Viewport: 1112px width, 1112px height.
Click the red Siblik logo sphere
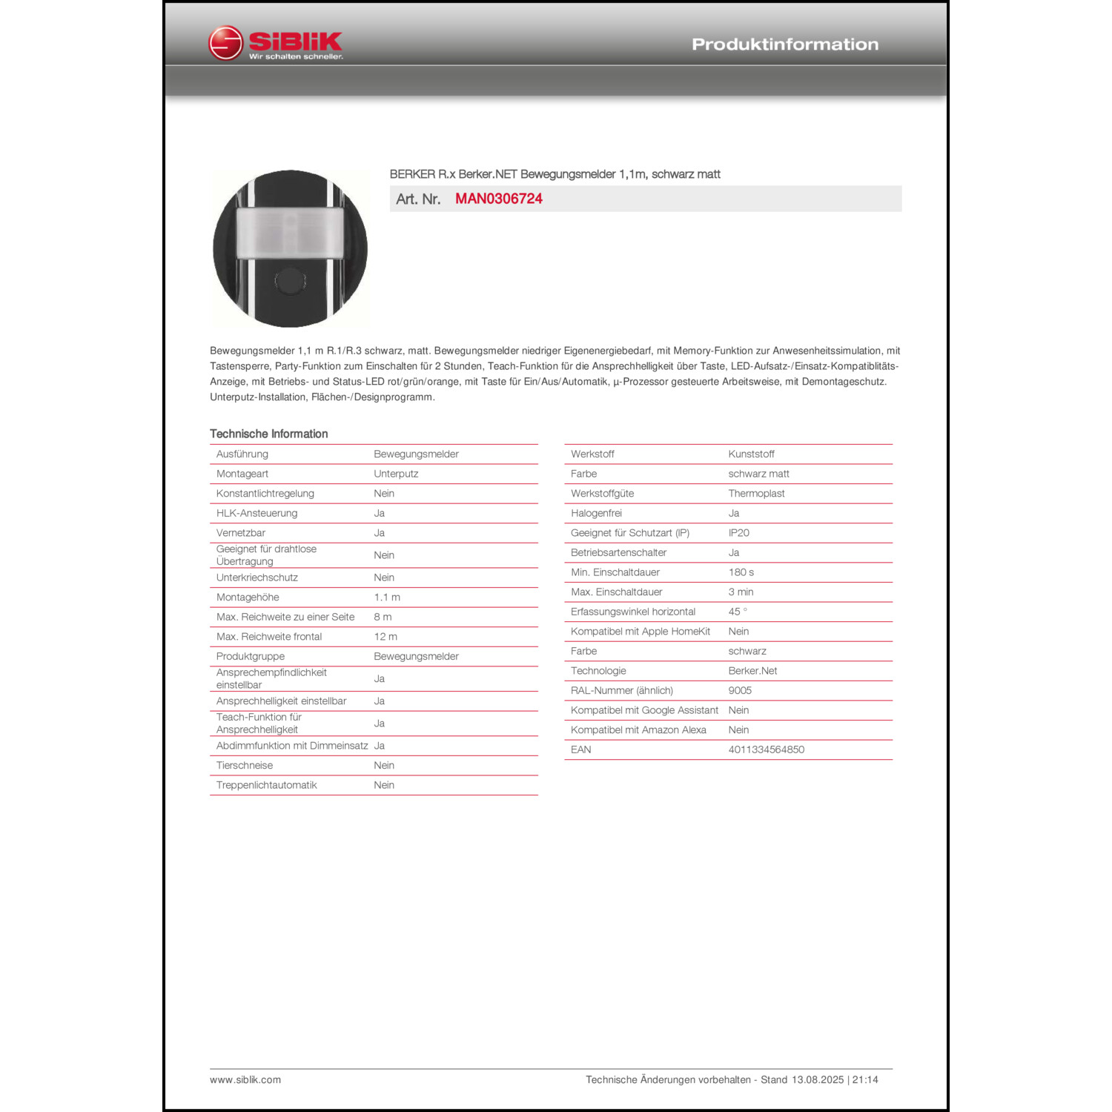(x=225, y=43)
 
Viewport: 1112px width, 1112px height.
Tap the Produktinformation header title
(x=785, y=44)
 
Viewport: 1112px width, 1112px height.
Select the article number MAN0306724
(x=498, y=199)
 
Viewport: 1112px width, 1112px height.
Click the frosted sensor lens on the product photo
(x=290, y=233)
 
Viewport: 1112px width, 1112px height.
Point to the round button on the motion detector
(x=289, y=280)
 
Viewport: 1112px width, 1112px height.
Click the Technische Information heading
(x=268, y=434)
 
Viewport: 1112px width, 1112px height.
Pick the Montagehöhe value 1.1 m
(x=387, y=597)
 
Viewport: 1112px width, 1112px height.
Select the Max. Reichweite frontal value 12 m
(x=385, y=636)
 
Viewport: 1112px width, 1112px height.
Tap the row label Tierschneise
(x=245, y=765)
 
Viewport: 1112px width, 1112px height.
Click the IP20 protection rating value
(x=738, y=532)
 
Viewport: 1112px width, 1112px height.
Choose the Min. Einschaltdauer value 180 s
(x=741, y=572)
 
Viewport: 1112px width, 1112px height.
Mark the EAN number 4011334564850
(x=766, y=749)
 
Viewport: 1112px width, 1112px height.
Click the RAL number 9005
(x=740, y=690)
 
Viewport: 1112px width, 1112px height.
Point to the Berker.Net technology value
(x=752, y=670)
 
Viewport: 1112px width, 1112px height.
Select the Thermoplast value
(x=756, y=493)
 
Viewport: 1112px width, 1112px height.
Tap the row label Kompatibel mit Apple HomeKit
(x=641, y=631)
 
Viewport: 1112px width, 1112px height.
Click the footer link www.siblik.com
(x=245, y=1079)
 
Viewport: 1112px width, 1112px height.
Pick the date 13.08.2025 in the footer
(x=818, y=1079)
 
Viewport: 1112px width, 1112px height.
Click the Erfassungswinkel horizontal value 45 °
(x=738, y=612)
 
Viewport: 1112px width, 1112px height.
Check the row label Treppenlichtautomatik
(x=266, y=785)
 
